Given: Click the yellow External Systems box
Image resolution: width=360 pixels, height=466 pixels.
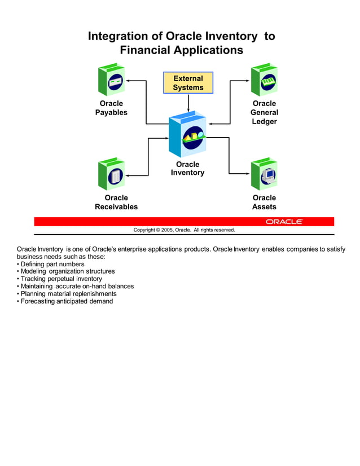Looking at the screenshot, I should coord(188,83).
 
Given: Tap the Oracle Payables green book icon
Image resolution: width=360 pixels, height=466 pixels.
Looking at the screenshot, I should coord(111,80).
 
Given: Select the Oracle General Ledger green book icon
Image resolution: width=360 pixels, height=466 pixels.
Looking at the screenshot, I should coord(264,80).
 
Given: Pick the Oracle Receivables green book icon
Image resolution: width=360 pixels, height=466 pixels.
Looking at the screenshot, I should coord(111,174).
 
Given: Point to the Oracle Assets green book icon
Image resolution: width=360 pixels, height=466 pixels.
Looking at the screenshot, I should coord(264,174).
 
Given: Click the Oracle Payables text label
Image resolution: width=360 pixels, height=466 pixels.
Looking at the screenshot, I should coord(111,108).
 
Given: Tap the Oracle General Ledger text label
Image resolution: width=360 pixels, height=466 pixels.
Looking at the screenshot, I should coord(264,112).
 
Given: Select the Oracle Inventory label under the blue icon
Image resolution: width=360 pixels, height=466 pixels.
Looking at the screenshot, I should coord(187,169).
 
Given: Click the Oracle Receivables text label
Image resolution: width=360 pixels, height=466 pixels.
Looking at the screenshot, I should coord(116,202).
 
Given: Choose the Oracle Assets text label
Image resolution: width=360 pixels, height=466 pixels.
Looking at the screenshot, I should coord(264,202).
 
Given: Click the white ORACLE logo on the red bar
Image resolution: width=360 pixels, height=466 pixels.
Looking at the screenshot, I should coord(284,222).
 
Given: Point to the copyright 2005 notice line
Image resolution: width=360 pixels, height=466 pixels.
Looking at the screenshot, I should coord(184,230).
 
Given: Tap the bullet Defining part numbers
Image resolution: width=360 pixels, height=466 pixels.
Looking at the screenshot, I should coord(52,264).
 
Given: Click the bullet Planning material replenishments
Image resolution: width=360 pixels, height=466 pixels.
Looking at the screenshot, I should coord(68,293).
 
